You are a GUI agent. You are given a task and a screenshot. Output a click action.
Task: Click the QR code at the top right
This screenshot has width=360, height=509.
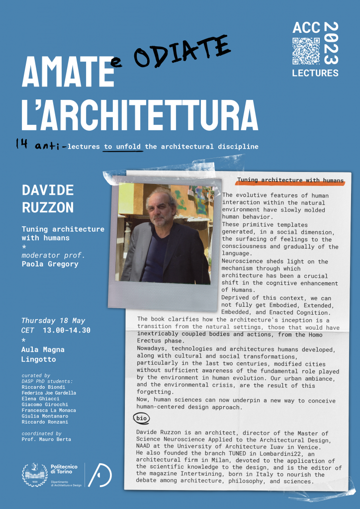pyautogui.click(x=306, y=51)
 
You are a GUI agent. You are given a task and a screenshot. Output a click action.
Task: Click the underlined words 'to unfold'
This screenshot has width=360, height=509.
pyautogui.click(x=123, y=147)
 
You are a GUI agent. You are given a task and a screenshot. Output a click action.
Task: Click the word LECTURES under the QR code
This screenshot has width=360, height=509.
pyautogui.click(x=315, y=73)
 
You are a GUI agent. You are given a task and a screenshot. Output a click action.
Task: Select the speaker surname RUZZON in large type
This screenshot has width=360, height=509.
pyautogui.click(x=48, y=207)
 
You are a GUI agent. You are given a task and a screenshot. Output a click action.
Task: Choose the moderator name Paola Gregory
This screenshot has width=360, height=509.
pyautogui.click(x=50, y=264)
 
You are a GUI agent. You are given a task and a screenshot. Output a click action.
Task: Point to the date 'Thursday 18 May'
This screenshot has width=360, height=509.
pyautogui.click(x=53, y=320)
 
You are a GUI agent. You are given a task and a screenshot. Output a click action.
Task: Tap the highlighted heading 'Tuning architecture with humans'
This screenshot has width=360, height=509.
pyautogui.click(x=290, y=180)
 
